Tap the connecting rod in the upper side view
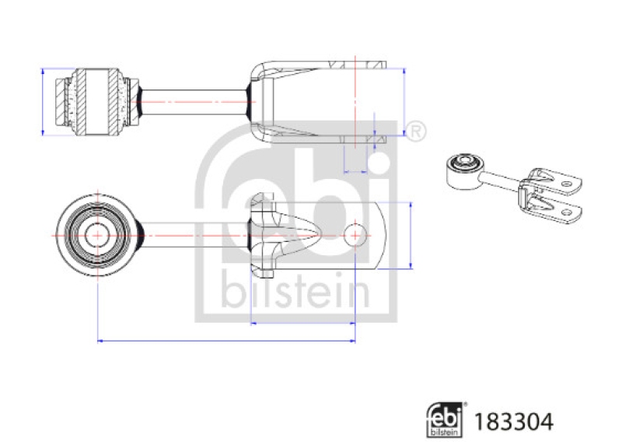[x=194, y=101]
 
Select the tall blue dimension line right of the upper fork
[x=404, y=101]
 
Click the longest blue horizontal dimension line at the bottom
[x=225, y=340]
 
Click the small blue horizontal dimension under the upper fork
[x=355, y=170]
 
